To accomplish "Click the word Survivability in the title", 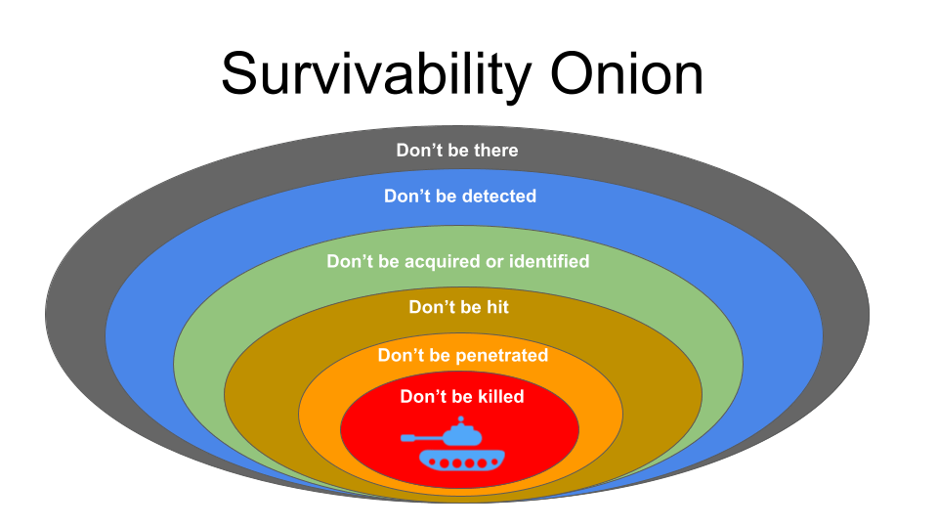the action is point(376,76).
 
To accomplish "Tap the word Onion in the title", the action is point(626,73).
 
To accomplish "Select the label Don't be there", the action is point(457,150).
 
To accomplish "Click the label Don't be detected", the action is point(460,196).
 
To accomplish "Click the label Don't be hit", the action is point(459,307).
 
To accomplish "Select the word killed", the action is point(499,396).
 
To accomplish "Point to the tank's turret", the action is point(462,434).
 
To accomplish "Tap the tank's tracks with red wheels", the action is point(462,461).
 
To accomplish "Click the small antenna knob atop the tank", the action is point(460,419).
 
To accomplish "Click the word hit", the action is point(497,307).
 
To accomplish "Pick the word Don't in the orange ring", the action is point(399,356).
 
